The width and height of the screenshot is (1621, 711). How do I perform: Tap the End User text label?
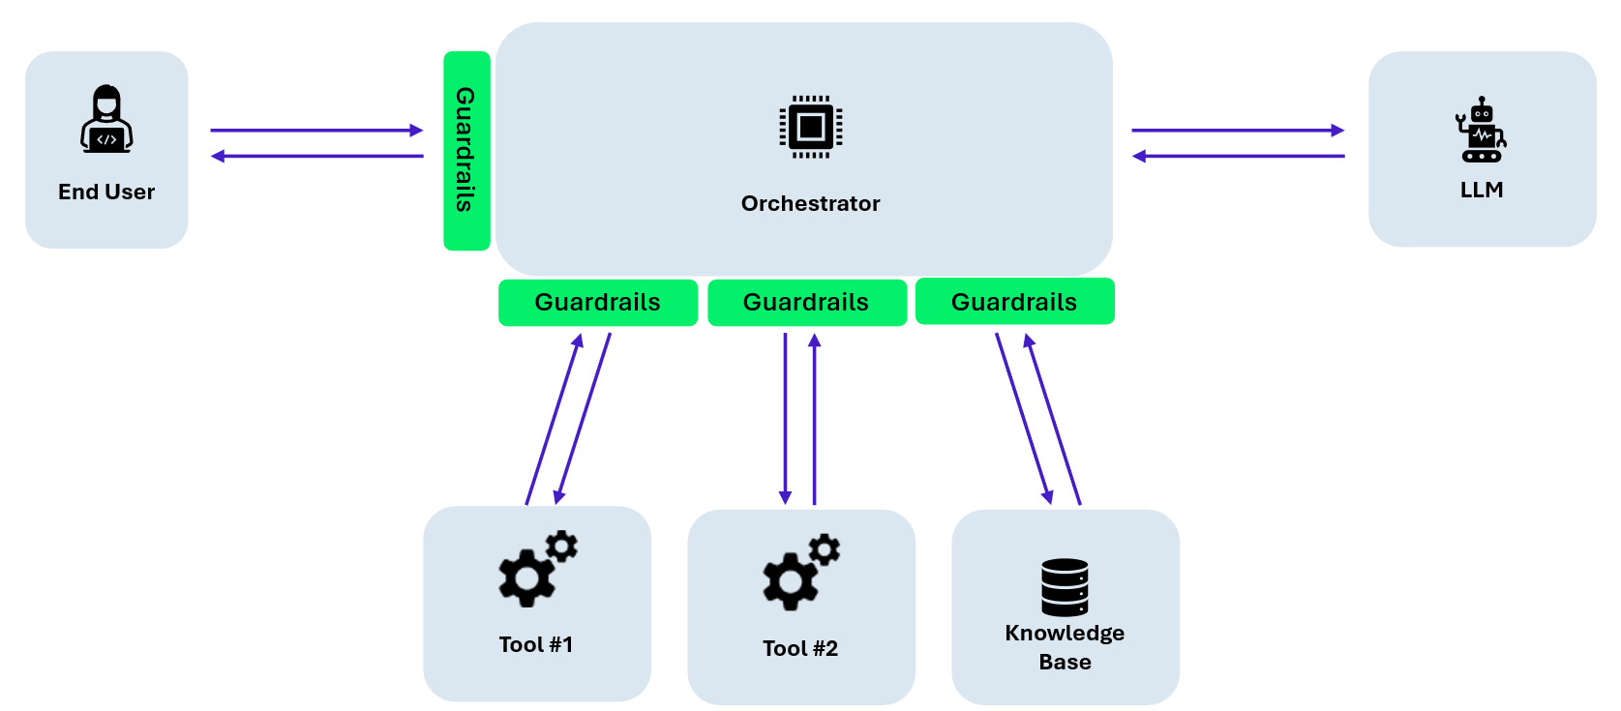(106, 192)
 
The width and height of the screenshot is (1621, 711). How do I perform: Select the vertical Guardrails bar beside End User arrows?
(466, 150)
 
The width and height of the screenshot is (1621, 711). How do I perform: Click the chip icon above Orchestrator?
(810, 127)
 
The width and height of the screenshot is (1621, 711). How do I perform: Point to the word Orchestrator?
(810, 203)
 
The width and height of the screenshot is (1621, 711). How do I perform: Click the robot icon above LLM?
(1481, 130)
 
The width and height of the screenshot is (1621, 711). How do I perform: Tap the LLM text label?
(1481, 190)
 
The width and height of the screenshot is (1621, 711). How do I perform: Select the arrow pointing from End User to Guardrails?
(316, 130)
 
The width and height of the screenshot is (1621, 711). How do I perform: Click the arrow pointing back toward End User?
(316, 156)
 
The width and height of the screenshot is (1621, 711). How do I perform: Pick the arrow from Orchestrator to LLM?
(1238, 130)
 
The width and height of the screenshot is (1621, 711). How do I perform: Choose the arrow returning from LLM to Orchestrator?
(1238, 156)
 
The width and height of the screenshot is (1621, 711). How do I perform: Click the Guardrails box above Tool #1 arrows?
(597, 303)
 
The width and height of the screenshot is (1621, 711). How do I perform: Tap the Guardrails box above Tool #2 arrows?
(806, 303)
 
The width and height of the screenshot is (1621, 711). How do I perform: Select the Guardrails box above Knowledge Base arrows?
(1014, 302)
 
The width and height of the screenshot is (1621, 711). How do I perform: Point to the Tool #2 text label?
(800, 648)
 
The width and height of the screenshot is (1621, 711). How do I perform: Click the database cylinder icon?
(1065, 586)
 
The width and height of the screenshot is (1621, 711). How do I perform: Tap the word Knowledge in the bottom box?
(1065, 633)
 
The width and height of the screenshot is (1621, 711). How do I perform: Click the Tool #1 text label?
(536, 644)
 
